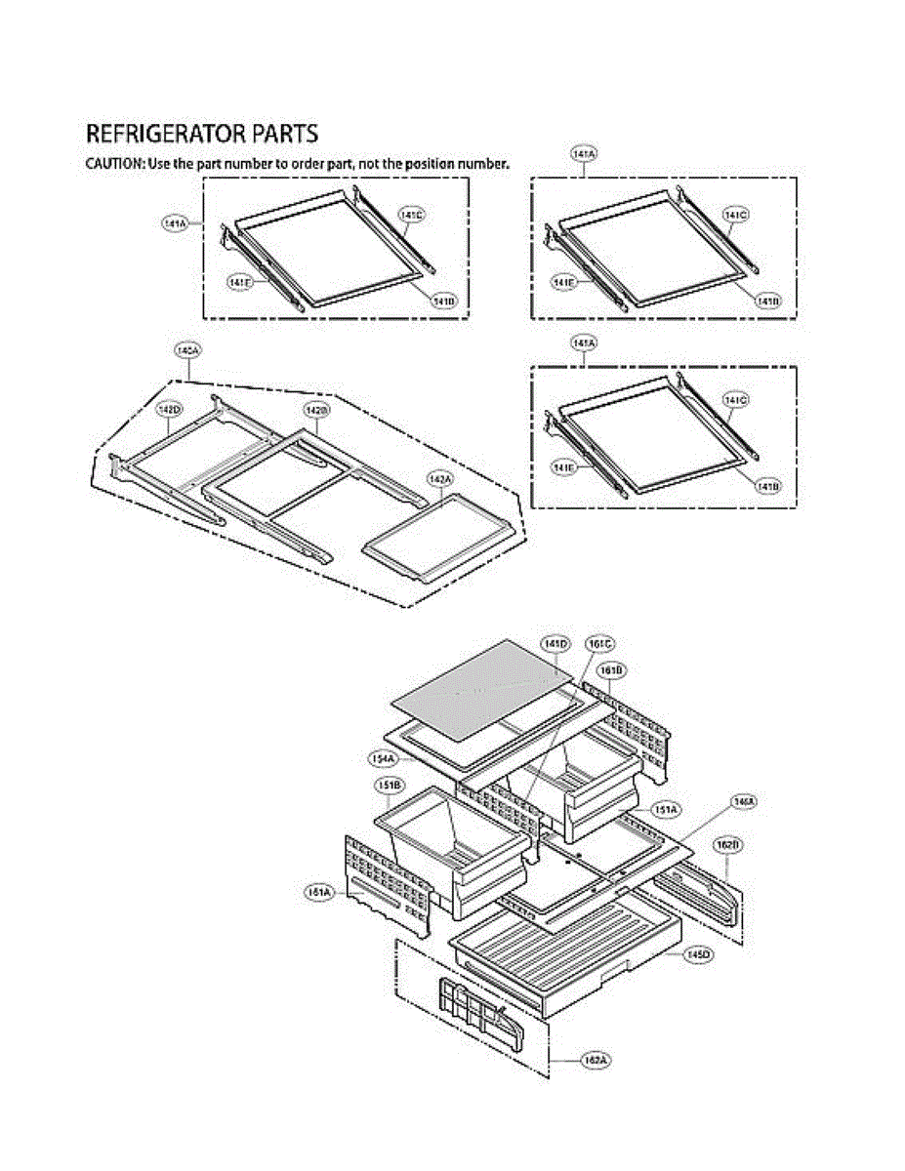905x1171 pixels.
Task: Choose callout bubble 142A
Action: coord(440,479)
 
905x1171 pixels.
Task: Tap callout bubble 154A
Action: coord(382,758)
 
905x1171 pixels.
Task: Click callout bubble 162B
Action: coord(725,845)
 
